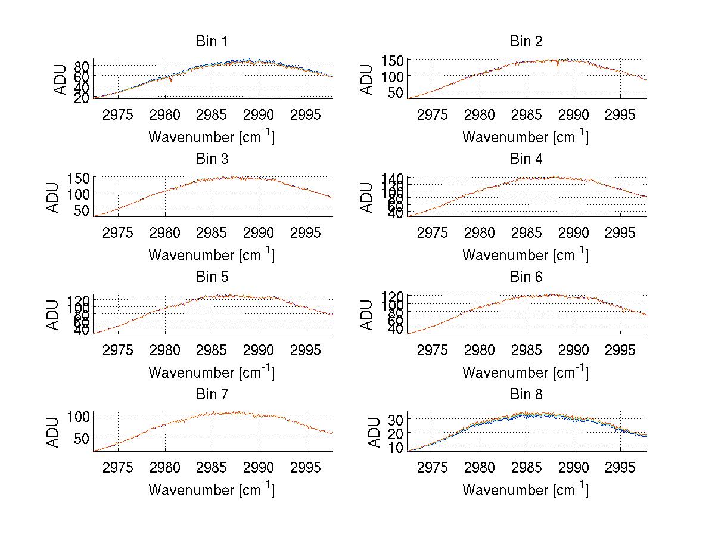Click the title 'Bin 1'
click(x=212, y=42)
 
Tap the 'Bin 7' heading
click(x=212, y=395)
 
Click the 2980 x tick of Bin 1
click(x=165, y=114)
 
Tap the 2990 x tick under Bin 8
click(x=573, y=467)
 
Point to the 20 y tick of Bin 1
click(x=82, y=97)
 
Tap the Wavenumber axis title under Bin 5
click(x=212, y=372)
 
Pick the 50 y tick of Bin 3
click(x=82, y=210)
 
